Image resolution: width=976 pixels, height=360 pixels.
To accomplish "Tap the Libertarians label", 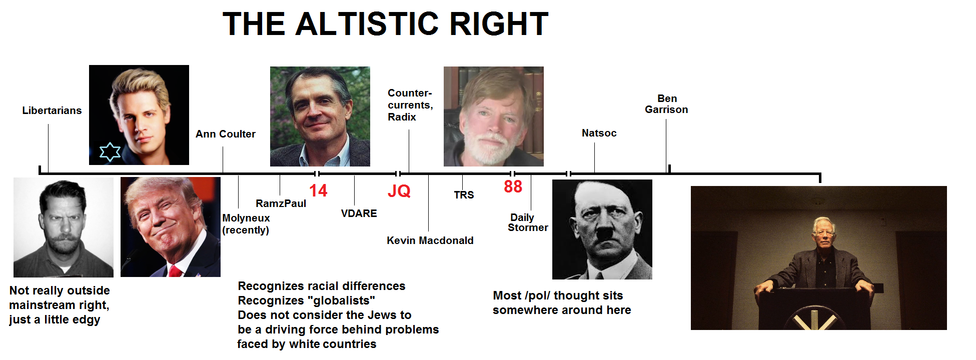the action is click(x=52, y=110).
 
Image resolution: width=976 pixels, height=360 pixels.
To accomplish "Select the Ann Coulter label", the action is click(x=226, y=134).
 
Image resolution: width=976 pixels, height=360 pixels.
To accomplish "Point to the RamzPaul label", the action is click(x=281, y=203).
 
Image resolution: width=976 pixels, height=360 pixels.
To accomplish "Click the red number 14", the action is click(x=318, y=190).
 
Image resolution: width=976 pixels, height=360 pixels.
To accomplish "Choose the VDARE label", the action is click(x=359, y=213).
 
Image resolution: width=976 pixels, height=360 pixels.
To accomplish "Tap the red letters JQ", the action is click(x=399, y=191).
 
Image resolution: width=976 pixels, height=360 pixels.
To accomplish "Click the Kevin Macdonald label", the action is click(x=430, y=240).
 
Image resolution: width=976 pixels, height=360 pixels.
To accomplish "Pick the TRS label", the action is click(x=464, y=195).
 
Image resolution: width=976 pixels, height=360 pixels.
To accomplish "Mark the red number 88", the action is click(x=513, y=186).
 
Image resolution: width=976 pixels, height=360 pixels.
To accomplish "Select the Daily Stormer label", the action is click(x=528, y=222).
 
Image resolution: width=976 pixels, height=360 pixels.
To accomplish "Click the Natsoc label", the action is click(x=599, y=133).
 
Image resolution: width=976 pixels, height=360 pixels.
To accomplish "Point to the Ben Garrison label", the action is click(x=666, y=104).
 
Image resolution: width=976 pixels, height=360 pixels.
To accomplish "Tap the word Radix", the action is click(x=402, y=117).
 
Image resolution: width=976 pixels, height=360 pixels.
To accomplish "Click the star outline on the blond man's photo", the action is click(x=110, y=152).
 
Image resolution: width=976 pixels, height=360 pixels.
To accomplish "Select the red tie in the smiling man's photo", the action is click(x=175, y=271).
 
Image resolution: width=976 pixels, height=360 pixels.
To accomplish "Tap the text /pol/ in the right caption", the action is click(x=537, y=296).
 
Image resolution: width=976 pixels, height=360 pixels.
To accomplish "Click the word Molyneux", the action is click(x=246, y=218).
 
